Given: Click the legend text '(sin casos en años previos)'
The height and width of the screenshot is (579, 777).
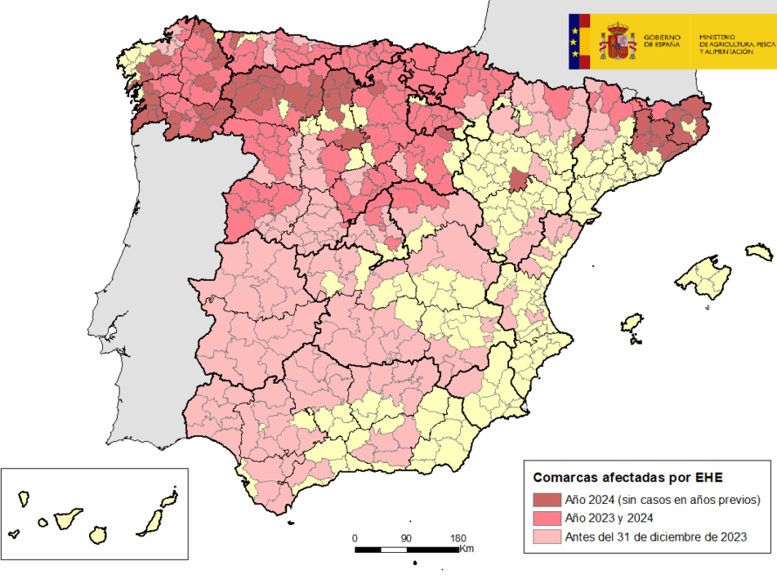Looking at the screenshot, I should tap(689, 500).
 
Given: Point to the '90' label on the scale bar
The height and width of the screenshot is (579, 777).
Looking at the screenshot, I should tap(406, 537).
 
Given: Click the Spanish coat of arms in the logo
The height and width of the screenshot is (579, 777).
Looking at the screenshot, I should tap(617, 42).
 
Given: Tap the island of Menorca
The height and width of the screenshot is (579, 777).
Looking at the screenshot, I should tap(759, 252).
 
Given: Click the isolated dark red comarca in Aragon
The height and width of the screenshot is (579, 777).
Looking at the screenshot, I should tap(519, 181).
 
